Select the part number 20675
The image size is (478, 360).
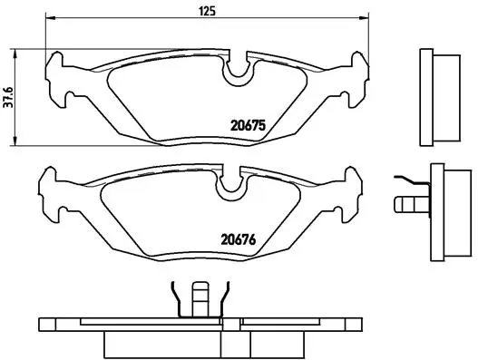[x=246, y=126]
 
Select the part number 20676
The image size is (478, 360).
[x=240, y=240]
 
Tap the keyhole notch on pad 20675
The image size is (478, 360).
[x=239, y=68]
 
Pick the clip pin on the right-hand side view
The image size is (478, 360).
[x=407, y=199]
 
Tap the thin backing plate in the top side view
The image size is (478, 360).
[x=424, y=97]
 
